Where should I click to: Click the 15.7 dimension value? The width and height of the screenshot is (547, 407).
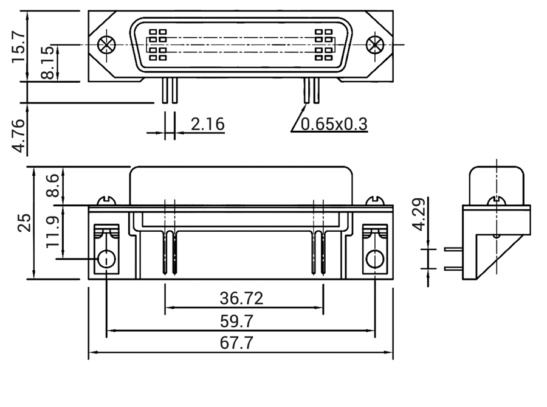(x=18, y=46)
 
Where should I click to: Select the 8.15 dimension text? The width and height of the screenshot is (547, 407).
(x=47, y=63)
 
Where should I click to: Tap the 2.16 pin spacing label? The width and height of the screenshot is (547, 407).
(x=207, y=124)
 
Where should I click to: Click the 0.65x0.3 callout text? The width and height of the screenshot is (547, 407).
(x=335, y=125)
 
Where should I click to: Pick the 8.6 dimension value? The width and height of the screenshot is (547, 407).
(x=52, y=186)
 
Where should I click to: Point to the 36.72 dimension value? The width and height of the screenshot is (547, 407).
(x=241, y=298)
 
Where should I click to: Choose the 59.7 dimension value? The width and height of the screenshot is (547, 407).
(x=238, y=321)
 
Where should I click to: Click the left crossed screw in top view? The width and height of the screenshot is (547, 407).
(x=106, y=44)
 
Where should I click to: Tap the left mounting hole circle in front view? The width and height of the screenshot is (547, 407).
(x=106, y=259)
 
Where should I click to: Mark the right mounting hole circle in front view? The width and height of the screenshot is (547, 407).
(x=374, y=259)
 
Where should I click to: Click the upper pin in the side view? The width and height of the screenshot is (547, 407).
(x=453, y=248)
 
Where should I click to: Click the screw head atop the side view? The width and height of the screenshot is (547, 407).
(x=497, y=200)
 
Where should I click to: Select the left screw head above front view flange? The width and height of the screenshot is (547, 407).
(x=106, y=200)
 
